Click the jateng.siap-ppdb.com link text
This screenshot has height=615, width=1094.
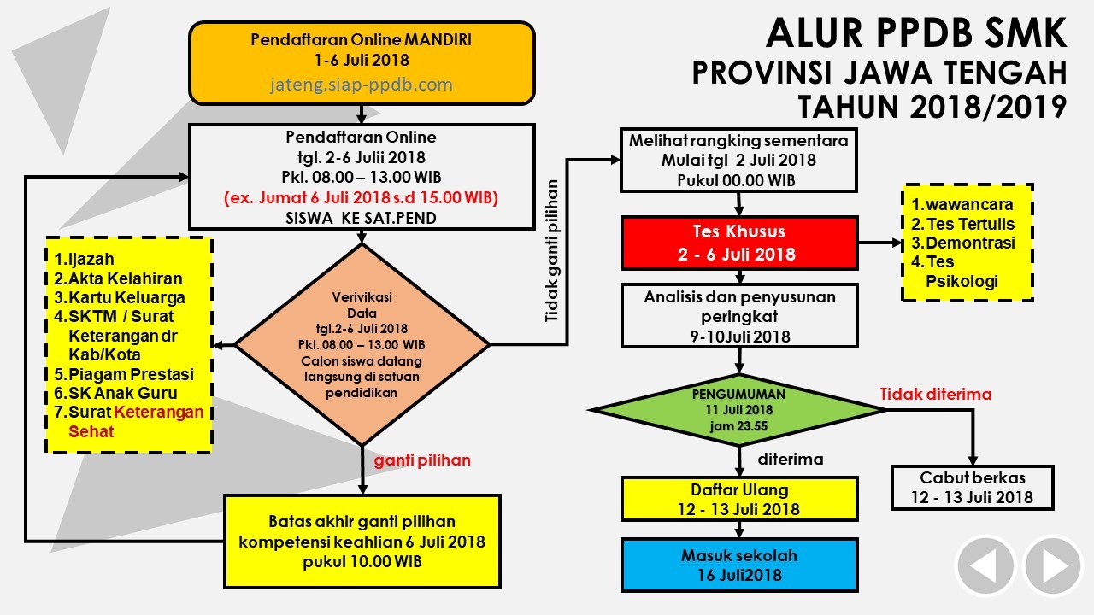coord(362,85)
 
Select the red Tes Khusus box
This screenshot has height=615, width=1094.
coord(739,243)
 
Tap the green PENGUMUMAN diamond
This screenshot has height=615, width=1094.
coord(739,410)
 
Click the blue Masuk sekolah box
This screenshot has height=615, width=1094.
coord(739,565)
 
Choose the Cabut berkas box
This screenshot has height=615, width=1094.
coord(973,488)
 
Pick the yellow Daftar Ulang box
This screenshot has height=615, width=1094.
coord(739,499)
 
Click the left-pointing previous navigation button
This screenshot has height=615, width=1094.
coord(985,566)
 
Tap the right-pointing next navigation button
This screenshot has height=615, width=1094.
coord(1053,566)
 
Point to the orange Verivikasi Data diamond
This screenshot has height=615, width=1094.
coord(362,344)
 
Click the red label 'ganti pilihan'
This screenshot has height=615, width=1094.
coord(422,460)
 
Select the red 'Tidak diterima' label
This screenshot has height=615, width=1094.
coord(936,394)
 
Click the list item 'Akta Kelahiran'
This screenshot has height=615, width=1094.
coord(118,278)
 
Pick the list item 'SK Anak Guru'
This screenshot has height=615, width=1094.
coord(115,393)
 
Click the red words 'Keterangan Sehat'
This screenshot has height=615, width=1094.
coord(136,422)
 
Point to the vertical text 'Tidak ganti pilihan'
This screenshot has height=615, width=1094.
coord(551,251)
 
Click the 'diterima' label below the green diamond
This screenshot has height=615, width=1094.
coord(791,459)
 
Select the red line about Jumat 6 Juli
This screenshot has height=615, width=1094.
coord(361,197)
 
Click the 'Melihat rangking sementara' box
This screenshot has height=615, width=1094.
coord(738,160)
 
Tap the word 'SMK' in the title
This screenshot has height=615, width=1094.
coord(1011,32)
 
